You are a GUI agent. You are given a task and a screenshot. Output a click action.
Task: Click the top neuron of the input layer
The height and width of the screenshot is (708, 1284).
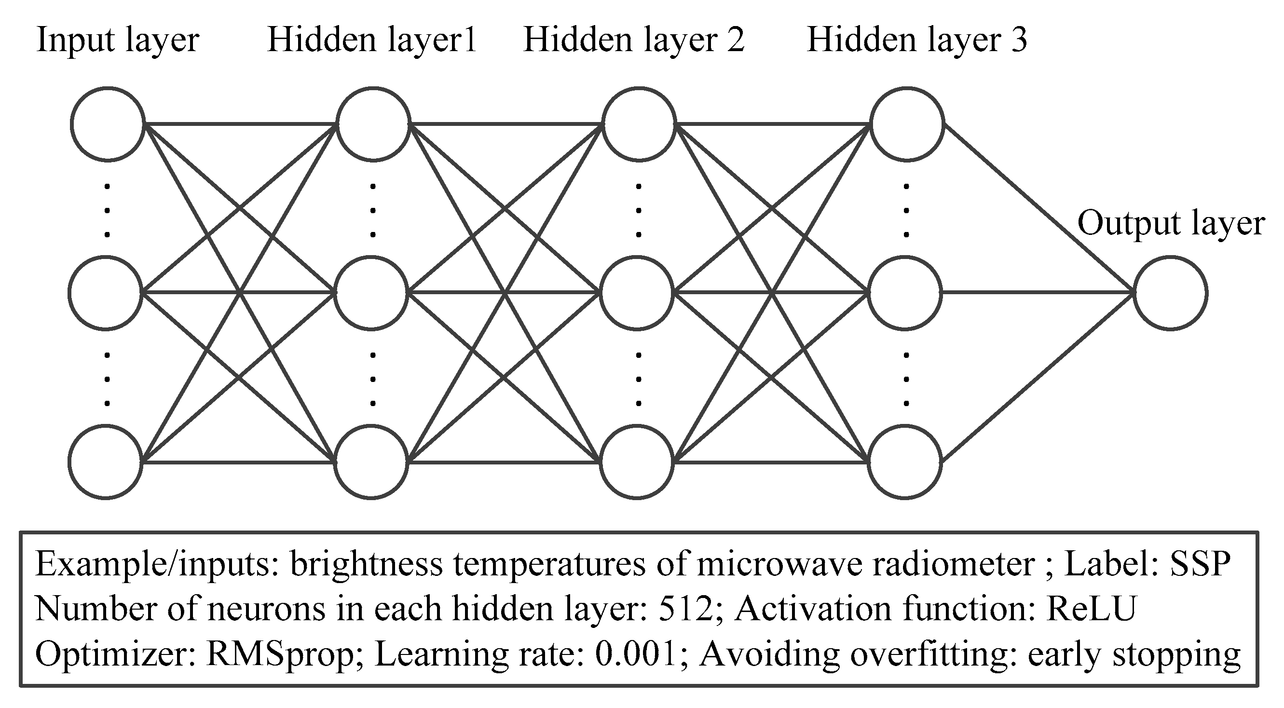[x=108, y=124]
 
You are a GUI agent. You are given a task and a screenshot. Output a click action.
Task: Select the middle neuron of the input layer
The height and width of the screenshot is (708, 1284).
[x=106, y=293]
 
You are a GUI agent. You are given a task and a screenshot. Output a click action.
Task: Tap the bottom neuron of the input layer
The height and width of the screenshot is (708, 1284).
[x=106, y=462]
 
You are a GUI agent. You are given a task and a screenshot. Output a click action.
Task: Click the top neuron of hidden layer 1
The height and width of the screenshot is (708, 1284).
[x=373, y=124]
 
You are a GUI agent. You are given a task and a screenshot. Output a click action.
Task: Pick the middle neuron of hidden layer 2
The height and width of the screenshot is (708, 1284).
[x=637, y=293]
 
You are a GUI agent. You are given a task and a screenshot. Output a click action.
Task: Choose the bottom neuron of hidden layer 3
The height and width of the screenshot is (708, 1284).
[x=905, y=462]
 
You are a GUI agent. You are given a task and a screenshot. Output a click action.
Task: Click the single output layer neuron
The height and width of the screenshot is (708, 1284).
[x=1171, y=293]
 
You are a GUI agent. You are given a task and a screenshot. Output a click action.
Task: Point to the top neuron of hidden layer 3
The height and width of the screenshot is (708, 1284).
[x=907, y=124]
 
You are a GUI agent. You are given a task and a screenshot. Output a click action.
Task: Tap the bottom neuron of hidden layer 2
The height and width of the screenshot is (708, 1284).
[x=637, y=462]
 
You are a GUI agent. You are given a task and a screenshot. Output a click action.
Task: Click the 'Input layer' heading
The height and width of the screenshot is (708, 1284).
[x=118, y=40]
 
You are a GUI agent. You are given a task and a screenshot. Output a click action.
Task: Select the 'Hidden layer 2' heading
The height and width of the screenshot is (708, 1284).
[x=633, y=40]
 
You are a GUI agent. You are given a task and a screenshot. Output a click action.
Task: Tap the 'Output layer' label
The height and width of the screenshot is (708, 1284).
[x=1171, y=224]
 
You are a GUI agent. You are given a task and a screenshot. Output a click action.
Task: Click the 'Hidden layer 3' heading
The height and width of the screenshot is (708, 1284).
[x=916, y=40]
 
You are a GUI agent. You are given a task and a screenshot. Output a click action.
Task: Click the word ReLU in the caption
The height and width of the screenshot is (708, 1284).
[x=1091, y=609]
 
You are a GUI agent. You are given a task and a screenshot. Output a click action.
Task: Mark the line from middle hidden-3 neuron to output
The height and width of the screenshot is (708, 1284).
[x=1037, y=293]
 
